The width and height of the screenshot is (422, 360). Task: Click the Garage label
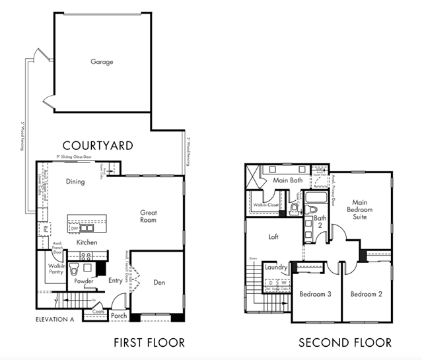click(102, 62)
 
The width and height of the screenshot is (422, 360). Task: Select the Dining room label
click(75, 182)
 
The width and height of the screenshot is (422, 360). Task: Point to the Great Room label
click(148, 216)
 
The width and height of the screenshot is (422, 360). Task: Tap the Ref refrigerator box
click(46, 229)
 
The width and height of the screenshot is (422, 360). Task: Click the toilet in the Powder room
click(75, 270)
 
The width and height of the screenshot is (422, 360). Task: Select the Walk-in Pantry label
click(55, 268)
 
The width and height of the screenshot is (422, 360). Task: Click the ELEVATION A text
click(55, 320)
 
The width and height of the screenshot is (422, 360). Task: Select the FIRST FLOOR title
click(149, 342)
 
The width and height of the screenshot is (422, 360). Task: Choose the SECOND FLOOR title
click(345, 342)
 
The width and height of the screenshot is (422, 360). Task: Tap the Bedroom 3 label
click(315, 293)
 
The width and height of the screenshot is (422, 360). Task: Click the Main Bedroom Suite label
click(362, 210)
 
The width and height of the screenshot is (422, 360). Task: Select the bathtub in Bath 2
click(315, 198)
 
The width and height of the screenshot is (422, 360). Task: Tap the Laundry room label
click(275, 268)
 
